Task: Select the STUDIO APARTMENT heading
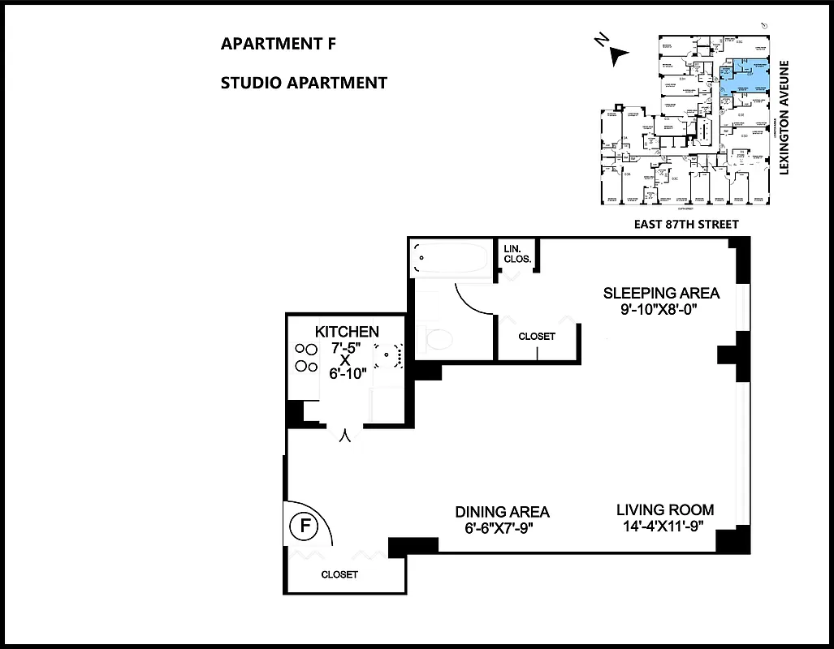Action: (303, 83)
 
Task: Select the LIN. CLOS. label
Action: (517, 254)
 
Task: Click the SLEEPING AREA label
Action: (660, 293)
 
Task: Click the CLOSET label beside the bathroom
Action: (537, 337)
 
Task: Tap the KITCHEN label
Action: (347, 331)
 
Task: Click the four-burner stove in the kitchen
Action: (305, 357)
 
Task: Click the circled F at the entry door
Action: (305, 526)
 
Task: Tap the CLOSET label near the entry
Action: (339, 574)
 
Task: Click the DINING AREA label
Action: (502, 512)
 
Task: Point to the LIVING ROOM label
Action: (665, 510)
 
